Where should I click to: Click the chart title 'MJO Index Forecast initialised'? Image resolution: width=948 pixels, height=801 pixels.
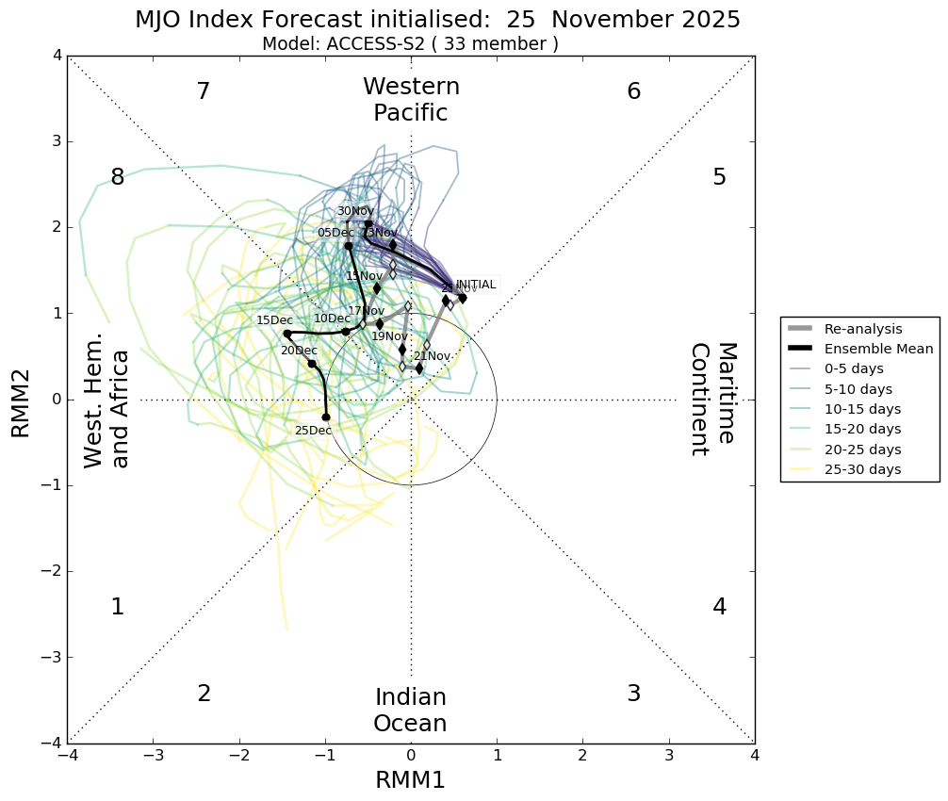tap(437, 20)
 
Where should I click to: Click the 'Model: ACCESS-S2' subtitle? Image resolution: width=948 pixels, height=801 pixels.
tap(410, 43)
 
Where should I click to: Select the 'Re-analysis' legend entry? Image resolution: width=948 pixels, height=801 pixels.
tap(863, 329)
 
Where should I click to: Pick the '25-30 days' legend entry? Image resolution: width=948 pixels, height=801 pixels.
tap(862, 469)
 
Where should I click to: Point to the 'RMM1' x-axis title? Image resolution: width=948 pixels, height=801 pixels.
tap(410, 780)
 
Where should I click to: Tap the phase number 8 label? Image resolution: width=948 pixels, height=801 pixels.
tap(118, 177)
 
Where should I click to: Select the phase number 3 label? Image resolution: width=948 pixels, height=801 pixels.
tap(633, 694)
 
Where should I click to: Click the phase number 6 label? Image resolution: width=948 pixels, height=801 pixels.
tap(633, 91)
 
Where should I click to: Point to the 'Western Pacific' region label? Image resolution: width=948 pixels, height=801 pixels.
tap(411, 100)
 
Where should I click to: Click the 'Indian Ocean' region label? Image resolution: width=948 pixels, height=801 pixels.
tap(410, 711)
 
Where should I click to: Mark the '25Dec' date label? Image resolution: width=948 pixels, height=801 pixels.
tap(313, 431)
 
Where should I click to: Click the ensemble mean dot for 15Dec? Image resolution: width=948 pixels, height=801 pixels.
tap(287, 334)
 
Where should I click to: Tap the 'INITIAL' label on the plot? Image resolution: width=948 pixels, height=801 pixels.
tap(475, 285)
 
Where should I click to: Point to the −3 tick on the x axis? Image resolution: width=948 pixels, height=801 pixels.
tap(154, 756)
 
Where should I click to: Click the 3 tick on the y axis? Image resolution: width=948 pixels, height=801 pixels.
tap(57, 142)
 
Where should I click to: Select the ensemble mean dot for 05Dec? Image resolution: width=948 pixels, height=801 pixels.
tap(349, 246)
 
